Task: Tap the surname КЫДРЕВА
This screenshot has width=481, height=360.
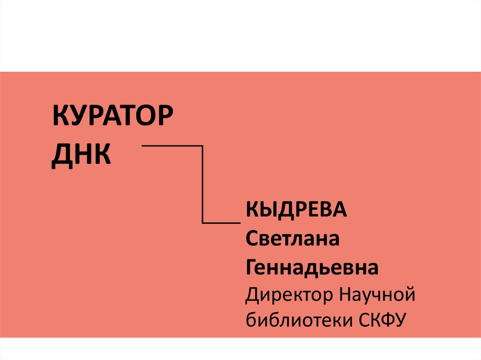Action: click(296, 210)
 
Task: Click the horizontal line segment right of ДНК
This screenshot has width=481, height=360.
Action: click(171, 146)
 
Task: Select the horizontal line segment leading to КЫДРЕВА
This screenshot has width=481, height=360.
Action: click(221, 222)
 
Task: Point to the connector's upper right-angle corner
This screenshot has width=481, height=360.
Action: click(202, 146)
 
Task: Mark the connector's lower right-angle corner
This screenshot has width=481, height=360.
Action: click(202, 222)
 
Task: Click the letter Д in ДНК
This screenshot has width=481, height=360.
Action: click(61, 156)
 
